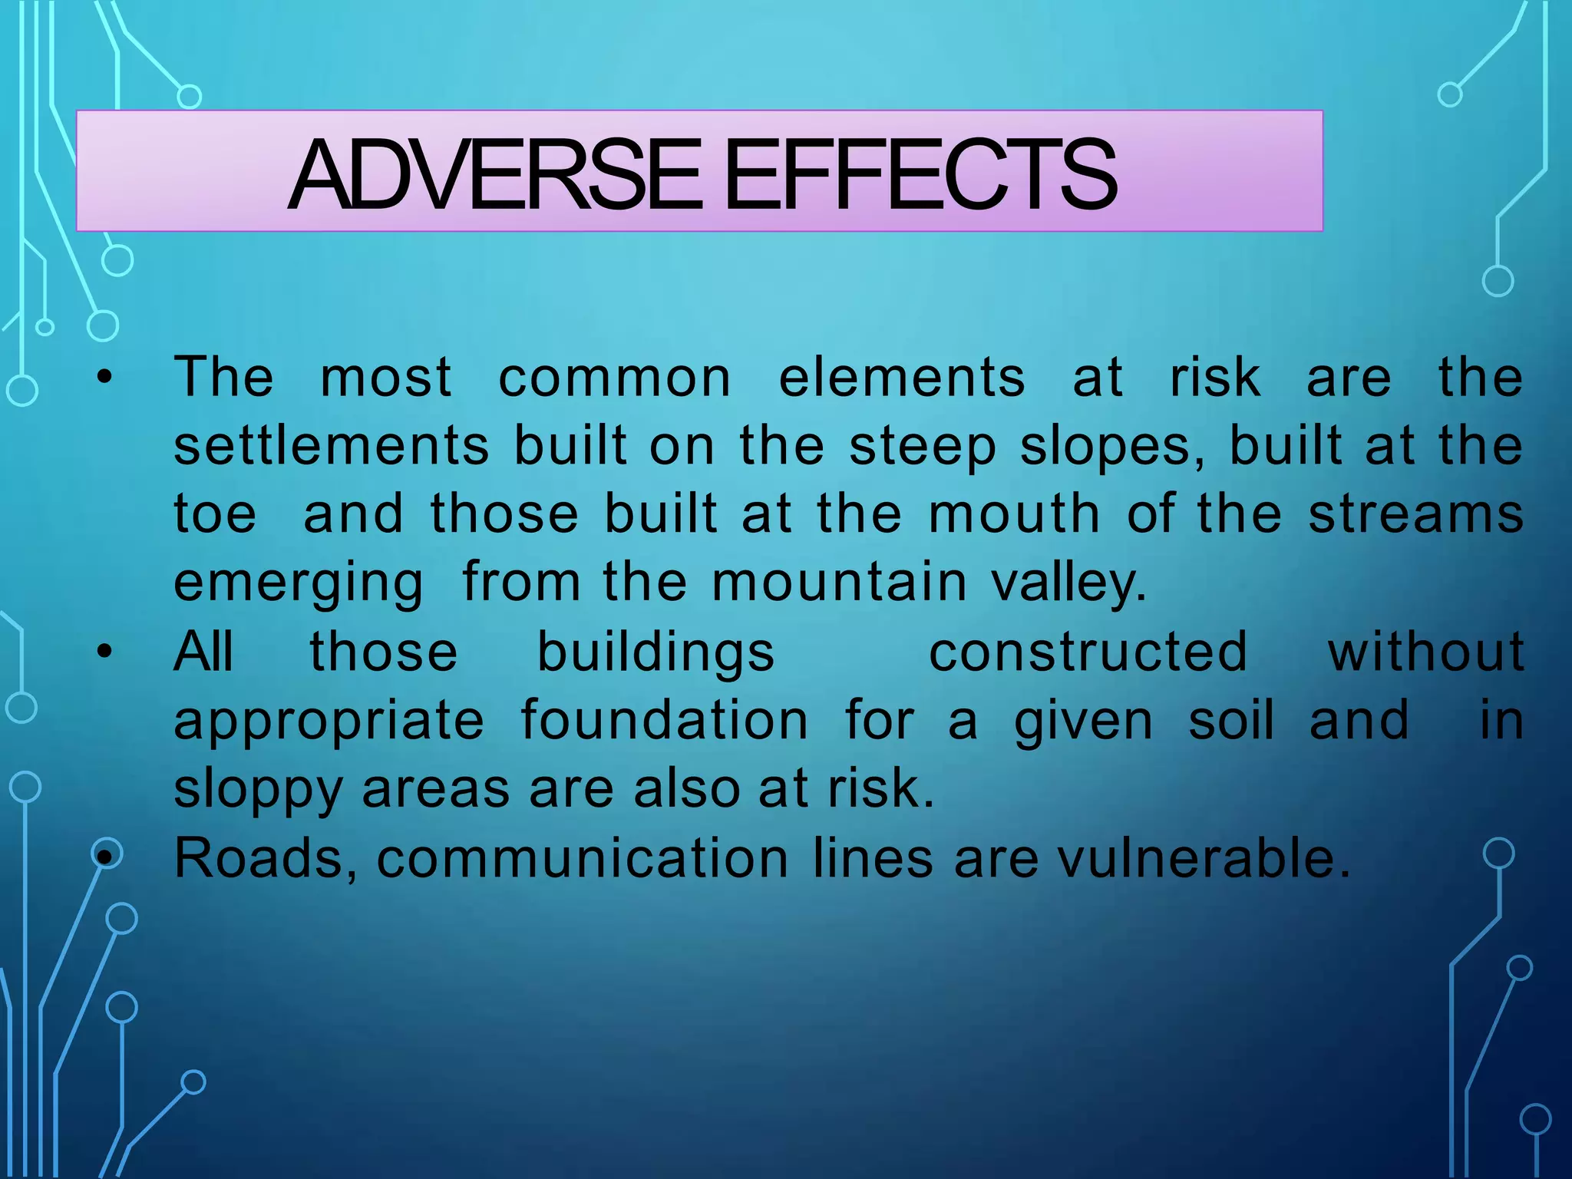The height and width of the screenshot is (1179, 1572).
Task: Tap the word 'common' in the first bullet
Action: [x=615, y=378]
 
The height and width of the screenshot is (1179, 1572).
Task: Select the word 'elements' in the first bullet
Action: [x=902, y=378]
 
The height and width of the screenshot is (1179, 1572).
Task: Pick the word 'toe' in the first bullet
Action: [x=215, y=514]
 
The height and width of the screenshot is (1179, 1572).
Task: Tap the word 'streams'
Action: [x=1416, y=514]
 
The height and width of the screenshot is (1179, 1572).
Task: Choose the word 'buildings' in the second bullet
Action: [x=656, y=653]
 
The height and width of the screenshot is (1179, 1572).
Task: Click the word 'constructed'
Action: [x=1088, y=652]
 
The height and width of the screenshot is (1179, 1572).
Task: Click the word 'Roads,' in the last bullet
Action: [x=266, y=858]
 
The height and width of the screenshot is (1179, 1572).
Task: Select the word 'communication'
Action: [x=583, y=858]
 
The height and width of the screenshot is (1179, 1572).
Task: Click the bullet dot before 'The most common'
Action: [x=104, y=378]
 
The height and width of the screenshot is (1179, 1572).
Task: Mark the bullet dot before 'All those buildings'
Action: [x=104, y=652]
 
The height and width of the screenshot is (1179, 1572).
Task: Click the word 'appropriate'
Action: [x=329, y=722]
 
